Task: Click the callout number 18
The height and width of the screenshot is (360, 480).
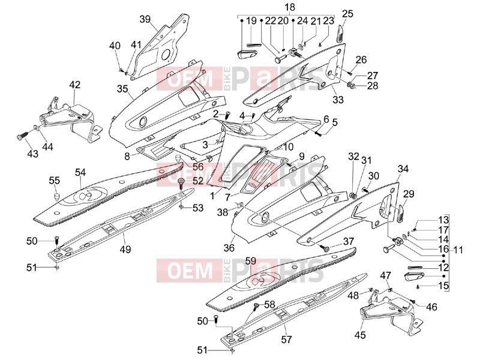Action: pyautogui.click(x=290, y=7)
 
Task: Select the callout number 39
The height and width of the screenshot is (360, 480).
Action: pyautogui.click(x=145, y=19)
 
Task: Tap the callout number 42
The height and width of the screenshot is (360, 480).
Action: pyautogui.click(x=75, y=84)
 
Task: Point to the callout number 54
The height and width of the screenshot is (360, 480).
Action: pyautogui.click(x=80, y=172)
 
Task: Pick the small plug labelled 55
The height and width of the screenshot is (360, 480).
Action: pyautogui.click(x=57, y=196)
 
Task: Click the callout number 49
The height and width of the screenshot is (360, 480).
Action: pyautogui.click(x=125, y=249)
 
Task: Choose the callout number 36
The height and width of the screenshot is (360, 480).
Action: pyautogui.click(x=229, y=247)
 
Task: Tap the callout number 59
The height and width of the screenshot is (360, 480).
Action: pyautogui.click(x=251, y=261)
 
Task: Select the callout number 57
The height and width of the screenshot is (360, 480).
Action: pyautogui.click(x=286, y=339)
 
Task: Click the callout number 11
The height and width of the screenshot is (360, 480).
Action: pyautogui.click(x=458, y=250)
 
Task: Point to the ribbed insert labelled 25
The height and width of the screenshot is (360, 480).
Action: pyautogui.click(x=340, y=34)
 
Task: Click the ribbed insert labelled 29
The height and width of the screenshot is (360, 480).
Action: pyautogui.click(x=401, y=214)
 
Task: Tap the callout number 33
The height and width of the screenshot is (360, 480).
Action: pyautogui.click(x=338, y=99)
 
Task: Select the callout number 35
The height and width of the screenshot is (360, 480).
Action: pyautogui.click(x=122, y=89)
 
